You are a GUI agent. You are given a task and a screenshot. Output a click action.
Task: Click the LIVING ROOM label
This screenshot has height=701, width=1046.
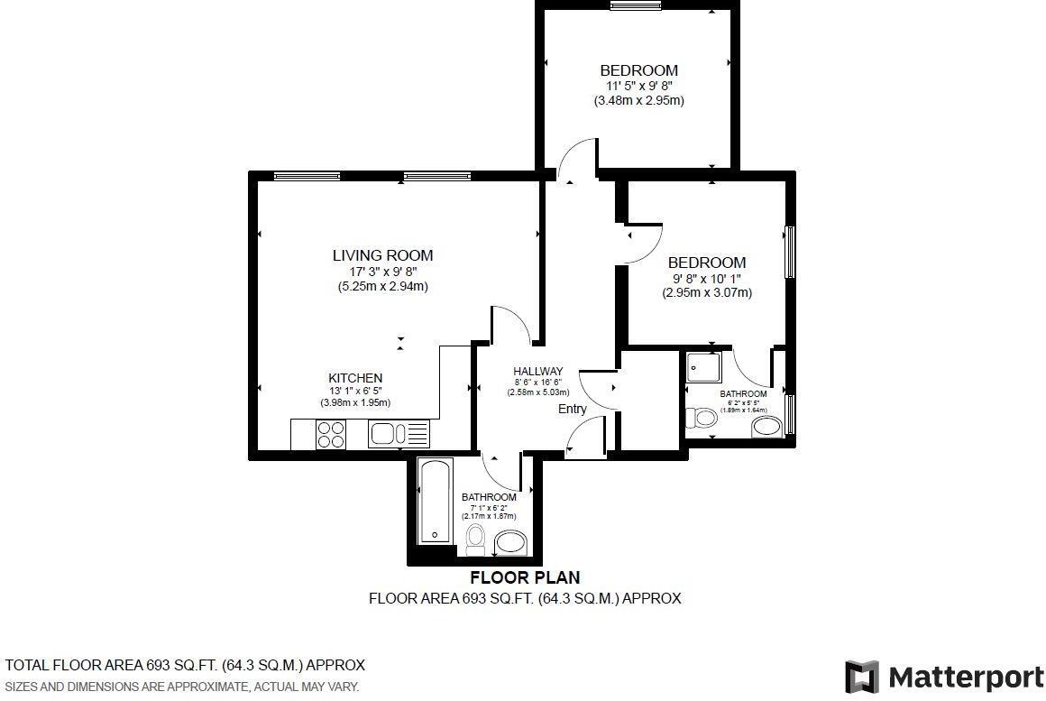click(x=382, y=255)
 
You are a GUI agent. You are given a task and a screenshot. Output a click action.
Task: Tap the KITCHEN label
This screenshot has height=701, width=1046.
click(x=355, y=378)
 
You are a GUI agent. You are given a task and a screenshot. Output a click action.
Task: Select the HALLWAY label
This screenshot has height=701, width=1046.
click(x=537, y=371)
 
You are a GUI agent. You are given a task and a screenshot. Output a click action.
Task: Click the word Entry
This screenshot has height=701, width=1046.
click(x=572, y=409)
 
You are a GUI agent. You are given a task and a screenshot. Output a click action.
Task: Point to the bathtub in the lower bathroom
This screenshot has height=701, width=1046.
click(x=435, y=502)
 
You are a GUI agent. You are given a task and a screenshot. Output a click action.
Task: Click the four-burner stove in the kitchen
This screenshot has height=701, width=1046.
click(x=331, y=435)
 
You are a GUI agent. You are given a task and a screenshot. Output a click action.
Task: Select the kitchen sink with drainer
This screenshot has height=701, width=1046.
click(x=399, y=435)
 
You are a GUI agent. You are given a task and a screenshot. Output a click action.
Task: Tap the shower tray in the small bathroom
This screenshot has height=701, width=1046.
click(x=703, y=368)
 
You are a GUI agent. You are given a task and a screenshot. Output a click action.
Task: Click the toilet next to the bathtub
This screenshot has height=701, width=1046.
click(x=475, y=540)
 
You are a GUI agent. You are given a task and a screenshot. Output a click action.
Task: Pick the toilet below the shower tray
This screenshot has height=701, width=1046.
click(x=702, y=418)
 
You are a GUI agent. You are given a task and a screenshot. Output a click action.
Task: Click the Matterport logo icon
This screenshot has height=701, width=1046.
click(x=862, y=677)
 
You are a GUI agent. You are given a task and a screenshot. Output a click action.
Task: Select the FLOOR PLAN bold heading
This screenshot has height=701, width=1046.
click(x=525, y=577)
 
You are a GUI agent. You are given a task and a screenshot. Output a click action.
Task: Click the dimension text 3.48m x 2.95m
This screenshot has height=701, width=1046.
click(x=638, y=101)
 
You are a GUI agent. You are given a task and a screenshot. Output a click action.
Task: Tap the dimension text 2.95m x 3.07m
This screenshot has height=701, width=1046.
click(x=707, y=292)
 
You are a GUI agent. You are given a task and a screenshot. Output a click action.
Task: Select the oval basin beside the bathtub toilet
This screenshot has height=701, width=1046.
click(x=511, y=543)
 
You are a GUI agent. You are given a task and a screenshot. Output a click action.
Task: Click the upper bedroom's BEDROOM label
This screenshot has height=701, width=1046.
click(x=638, y=70)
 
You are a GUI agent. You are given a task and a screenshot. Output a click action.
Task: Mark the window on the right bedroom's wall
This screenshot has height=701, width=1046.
click(x=790, y=252)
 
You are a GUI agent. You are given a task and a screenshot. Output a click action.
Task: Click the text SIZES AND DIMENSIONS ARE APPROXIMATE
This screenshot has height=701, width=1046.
click(x=182, y=687)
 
